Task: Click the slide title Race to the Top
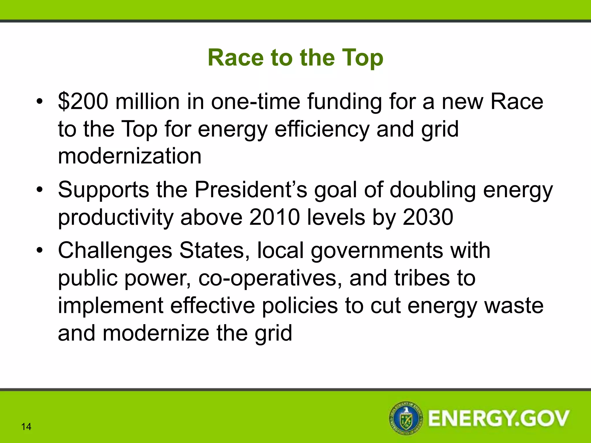point(295,58)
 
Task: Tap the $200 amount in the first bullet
point(83,102)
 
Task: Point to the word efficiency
point(322,129)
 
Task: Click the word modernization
point(130,156)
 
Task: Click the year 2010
point(274,217)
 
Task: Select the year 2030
point(428,217)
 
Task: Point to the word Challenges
point(115,250)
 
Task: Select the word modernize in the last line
point(156,333)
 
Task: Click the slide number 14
point(26,427)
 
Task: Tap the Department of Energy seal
point(406,418)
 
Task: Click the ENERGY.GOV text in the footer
point(499,418)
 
